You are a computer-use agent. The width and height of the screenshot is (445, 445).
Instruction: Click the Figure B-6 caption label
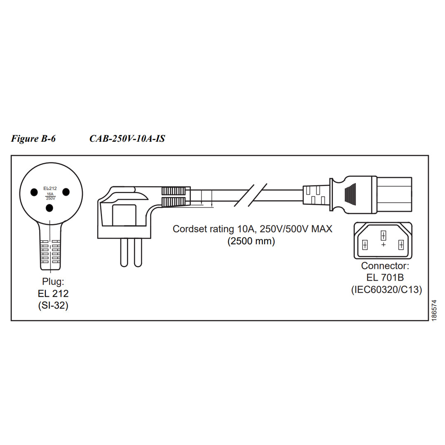(33, 139)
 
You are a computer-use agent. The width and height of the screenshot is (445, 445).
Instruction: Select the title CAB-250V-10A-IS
(127, 139)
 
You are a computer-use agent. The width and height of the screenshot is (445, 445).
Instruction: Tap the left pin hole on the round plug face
(34, 192)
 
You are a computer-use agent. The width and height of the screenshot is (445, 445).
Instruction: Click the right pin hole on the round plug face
(66, 192)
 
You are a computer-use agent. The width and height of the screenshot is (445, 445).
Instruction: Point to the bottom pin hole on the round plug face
(50, 208)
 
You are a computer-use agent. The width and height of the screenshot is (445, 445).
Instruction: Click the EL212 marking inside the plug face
(50, 189)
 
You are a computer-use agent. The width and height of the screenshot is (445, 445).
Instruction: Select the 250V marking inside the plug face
(50, 198)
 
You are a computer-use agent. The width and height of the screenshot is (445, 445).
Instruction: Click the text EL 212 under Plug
(53, 294)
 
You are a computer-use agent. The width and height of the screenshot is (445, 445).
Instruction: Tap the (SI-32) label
(53, 306)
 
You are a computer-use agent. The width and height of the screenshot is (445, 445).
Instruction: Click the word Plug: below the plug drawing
(53, 282)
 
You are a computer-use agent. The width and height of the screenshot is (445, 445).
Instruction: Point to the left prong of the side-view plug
(124, 252)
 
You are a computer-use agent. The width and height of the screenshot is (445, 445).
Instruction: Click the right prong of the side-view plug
(138, 252)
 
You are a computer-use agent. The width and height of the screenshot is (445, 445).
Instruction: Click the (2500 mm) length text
(251, 241)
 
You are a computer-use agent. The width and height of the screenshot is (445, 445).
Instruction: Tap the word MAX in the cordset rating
(321, 229)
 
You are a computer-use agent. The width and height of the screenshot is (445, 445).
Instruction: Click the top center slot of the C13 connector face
(383, 236)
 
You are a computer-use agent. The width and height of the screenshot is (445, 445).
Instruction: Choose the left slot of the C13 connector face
(365, 245)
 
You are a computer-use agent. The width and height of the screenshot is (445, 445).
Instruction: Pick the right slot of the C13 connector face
(401, 245)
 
